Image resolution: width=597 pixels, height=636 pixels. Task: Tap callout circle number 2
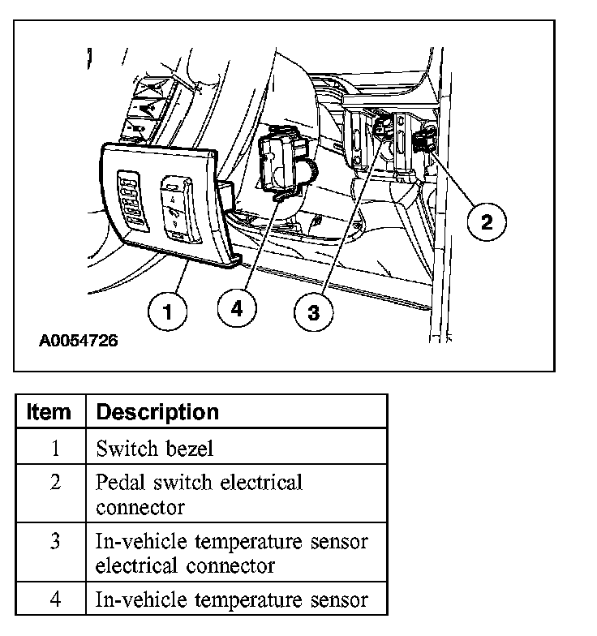click(x=486, y=221)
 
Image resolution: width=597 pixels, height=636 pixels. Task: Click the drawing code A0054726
click(x=78, y=342)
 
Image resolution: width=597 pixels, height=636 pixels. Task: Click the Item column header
click(x=49, y=412)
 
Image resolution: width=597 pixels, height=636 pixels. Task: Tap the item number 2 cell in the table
click(x=54, y=482)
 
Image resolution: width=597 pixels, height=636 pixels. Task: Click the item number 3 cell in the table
click(x=54, y=540)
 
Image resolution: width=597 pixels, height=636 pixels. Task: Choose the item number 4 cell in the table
click(x=54, y=599)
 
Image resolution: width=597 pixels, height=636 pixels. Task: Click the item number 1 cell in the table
click(x=54, y=448)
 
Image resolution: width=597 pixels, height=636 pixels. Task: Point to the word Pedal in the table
click(x=117, y=482)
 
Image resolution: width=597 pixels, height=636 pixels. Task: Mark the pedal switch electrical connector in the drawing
click(x=423, y=141)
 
